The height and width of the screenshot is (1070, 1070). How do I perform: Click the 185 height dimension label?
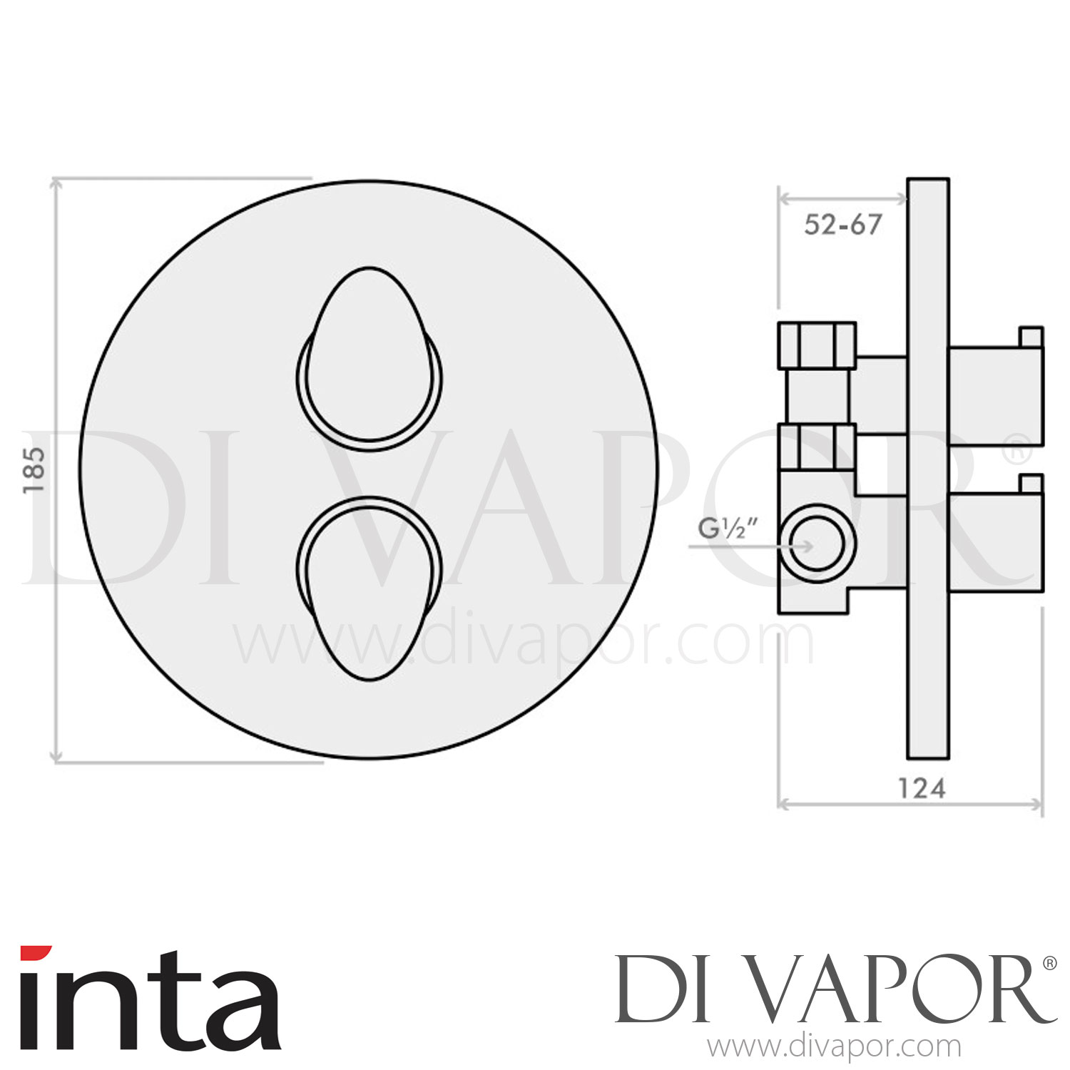(x=34, y=469)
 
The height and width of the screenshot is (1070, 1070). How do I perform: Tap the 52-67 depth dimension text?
(x=842, y=225)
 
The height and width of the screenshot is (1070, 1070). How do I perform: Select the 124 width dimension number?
(x=921, y=788)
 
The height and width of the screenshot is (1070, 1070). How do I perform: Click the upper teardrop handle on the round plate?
(x=369, y=357)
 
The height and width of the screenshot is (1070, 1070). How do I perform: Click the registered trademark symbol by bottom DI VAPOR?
(x=1049, y=964)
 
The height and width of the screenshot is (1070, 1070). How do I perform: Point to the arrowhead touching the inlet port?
(x=807, y=546)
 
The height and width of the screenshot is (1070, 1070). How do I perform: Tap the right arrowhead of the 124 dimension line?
(x=1039, y=805)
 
